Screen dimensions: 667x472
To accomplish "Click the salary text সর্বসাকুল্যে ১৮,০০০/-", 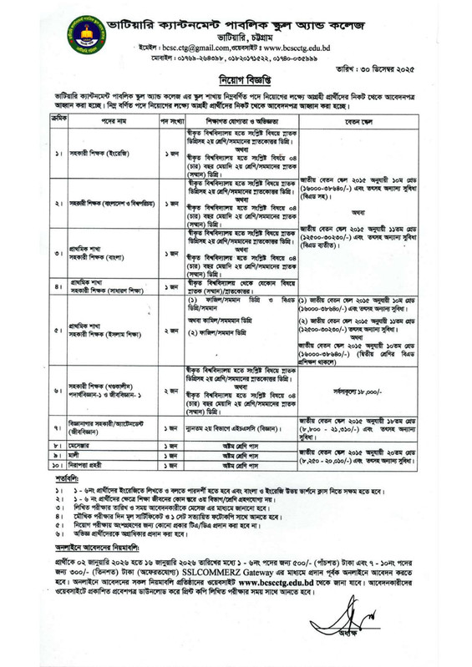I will (376, 390).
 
